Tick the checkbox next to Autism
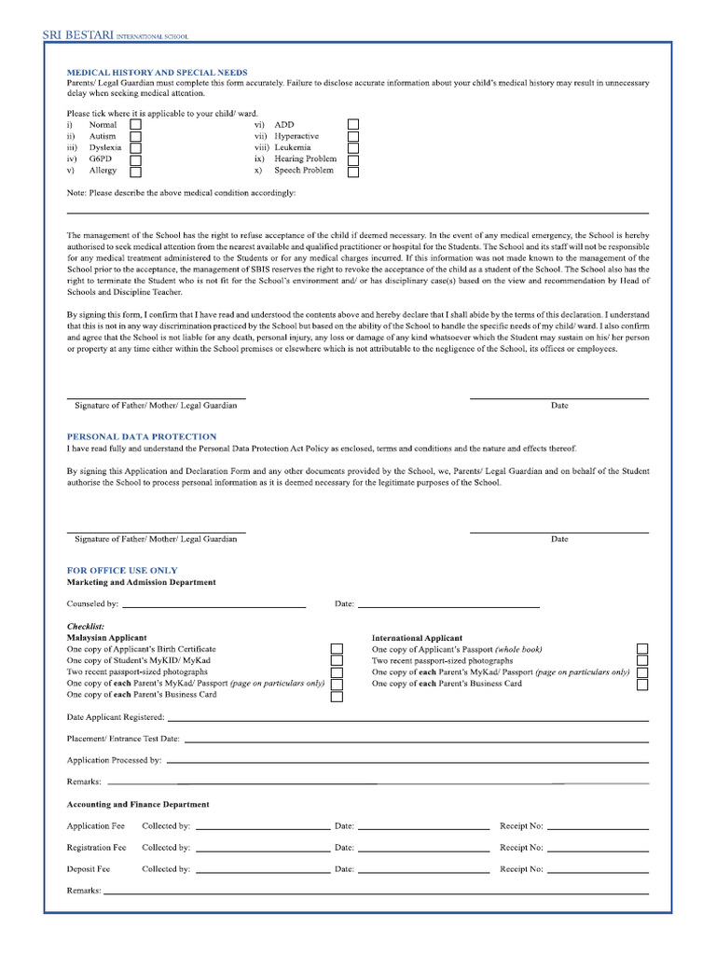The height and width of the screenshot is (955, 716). [135, 136]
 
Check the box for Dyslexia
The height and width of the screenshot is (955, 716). [135, 147]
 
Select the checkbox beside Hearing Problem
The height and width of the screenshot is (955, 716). [353, 159]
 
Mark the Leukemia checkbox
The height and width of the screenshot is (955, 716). [353, 147]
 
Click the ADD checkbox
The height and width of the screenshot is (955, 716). [353, 124]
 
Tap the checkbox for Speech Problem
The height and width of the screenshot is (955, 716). [353, 171]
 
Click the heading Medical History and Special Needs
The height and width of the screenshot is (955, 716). [157, 72]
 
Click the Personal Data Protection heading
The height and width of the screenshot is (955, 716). [142, 436]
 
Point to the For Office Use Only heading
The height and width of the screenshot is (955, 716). [122, 570]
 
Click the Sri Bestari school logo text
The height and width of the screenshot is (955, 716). [115, 35]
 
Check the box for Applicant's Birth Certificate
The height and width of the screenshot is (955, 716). [337, 649]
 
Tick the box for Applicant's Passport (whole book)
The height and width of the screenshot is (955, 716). [642, 649]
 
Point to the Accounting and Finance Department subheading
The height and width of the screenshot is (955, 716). [138, 804]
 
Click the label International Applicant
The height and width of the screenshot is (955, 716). [417, 638]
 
